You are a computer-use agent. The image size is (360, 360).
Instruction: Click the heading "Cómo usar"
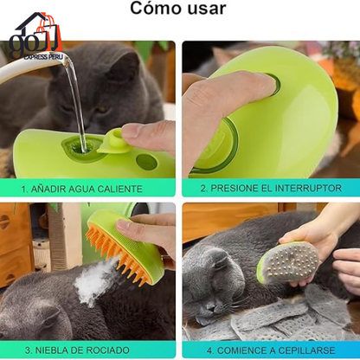pyautogui.click(x=179, y=10)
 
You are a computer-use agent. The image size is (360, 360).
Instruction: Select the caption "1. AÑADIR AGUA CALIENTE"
pyautogui.click(x=89, y=188)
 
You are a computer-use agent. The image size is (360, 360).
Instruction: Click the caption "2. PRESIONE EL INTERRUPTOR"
pyautogui.click(x=271, y=188)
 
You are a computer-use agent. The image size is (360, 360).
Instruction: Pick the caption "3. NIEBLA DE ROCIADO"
pyautogui.click(x=89, y=350)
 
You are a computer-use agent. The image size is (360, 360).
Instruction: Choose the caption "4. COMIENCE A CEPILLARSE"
pyautogui.click(x=271, y=350)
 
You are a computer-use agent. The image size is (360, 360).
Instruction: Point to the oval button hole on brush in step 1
pyautogui.click(x=146, y=162)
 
